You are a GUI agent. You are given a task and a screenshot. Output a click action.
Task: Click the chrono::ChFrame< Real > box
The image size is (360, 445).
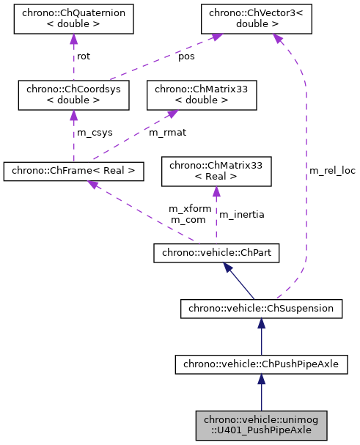(73, 172)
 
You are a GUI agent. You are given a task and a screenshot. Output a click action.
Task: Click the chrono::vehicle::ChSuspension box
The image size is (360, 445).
(262, 309)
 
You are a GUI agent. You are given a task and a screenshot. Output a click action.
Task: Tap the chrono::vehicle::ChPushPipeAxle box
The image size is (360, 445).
(262, 363)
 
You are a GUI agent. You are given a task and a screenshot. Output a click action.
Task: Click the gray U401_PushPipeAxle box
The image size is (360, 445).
(262, 424)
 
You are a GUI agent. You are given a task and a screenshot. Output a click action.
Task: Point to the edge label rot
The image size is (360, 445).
(84, 56)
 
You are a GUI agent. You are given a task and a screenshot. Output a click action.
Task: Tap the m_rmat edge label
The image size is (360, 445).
(166, 133)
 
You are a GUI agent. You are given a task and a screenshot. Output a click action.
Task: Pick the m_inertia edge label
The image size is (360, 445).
(241, 214)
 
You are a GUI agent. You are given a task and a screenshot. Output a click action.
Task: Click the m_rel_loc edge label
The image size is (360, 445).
(331, 171)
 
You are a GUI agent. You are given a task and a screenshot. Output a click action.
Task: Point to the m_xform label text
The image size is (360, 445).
(190, 209)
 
